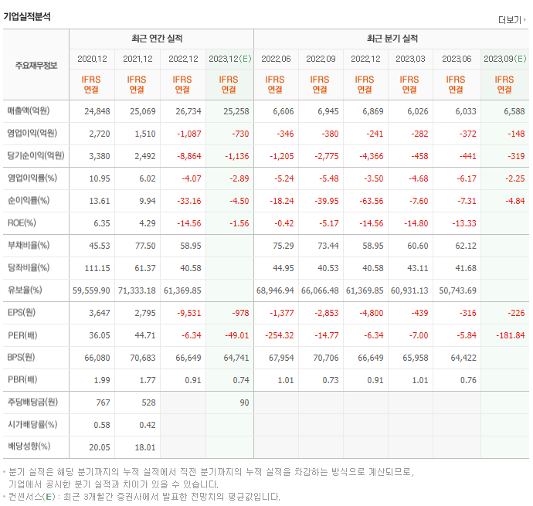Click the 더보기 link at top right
pos(512,20)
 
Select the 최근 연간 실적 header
pos(161,39)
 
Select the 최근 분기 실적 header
pos(392,39)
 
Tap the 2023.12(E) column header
pos(229,59)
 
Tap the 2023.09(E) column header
pos(504,59)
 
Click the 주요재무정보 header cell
pos(36,65)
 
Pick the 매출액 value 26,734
pos(184,111)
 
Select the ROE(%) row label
pos(22,223)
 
